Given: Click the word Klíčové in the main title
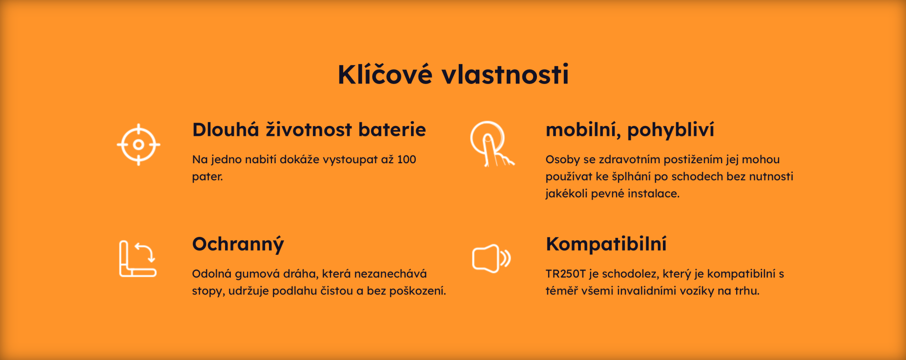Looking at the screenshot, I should [x=385, y=75].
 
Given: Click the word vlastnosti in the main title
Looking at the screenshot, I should [x=505, y=75].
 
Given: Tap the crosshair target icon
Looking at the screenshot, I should [x=138, y=144].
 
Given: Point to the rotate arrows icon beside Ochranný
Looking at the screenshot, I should [x=138, y=258].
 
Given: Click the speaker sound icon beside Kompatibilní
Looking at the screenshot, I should [x=491, y=259].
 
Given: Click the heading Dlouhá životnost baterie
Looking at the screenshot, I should [x=309, y=130].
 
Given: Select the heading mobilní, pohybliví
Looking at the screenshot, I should [x=629, y=130].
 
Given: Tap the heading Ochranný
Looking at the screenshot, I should [x=238, y=244].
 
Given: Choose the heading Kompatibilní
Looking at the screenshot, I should [x=606, y=244].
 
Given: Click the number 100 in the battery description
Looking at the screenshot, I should [x=406, y=159].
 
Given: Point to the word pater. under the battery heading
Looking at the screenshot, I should [x=207, y=177].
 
